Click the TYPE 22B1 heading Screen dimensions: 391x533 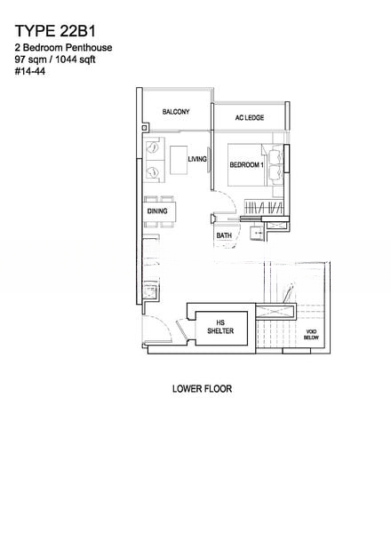[x=55, y=31]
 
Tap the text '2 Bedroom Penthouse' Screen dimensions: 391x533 [x=64, y=48]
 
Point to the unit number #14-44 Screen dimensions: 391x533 [x=30, y=72]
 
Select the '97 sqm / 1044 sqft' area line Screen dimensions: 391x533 [x=55, y=60]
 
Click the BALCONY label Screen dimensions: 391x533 [x=176, y=112]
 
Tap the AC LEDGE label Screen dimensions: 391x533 [x=250, y=117]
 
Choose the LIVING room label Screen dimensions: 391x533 [x=197, y=159]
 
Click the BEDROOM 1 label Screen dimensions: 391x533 [x=247, y=165]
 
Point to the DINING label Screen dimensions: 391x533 [x=157, y=211]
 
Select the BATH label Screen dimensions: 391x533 [x=224, y=235]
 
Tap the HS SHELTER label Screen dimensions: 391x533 [x=220, y=327]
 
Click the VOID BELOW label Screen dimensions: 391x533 [x=311, y=335]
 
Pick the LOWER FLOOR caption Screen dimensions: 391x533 [x=202, y=388]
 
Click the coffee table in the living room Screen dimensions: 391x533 [x=179, y=160]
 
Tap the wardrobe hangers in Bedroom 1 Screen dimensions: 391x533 [x=264, y=207]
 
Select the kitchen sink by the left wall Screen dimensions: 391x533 [x=150, y=291]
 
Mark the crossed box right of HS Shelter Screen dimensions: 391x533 [x=275, y=312]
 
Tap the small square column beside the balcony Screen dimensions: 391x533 [x=144, y=128]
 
